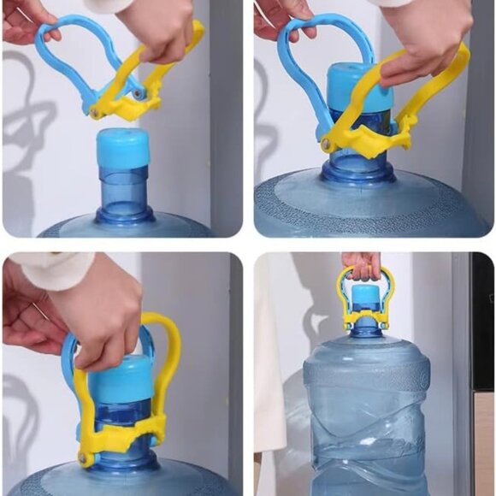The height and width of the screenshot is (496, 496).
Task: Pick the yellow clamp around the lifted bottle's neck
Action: click(367, 322)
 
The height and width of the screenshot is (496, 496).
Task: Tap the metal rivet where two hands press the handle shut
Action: click(85, 458)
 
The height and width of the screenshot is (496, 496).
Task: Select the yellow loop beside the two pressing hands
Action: click(170, 342)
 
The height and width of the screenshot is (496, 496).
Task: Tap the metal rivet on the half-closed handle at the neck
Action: click(328, 146)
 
